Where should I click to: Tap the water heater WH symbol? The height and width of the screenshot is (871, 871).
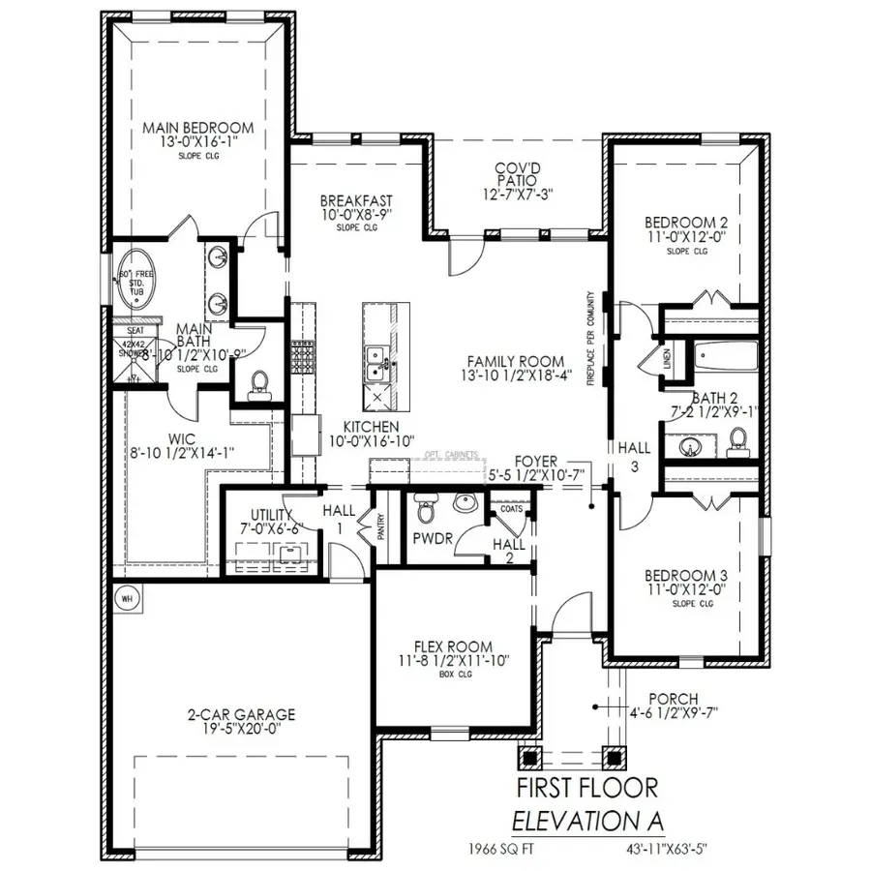(126, 599)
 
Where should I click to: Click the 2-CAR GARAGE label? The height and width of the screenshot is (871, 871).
(242, 715)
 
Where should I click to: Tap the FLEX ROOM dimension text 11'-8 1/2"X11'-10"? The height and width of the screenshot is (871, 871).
(453, 661)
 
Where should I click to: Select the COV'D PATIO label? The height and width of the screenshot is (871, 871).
(517, 173)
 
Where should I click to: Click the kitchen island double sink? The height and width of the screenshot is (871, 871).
(375, 364)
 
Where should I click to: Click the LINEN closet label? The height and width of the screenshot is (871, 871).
(667, 359)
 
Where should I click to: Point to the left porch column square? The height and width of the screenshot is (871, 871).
(529, 757)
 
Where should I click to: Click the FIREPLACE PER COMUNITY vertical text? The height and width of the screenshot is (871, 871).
(589, 339)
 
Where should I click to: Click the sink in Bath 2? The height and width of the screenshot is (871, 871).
(691, 447)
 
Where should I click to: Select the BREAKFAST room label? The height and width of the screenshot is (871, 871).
(357, 200)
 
